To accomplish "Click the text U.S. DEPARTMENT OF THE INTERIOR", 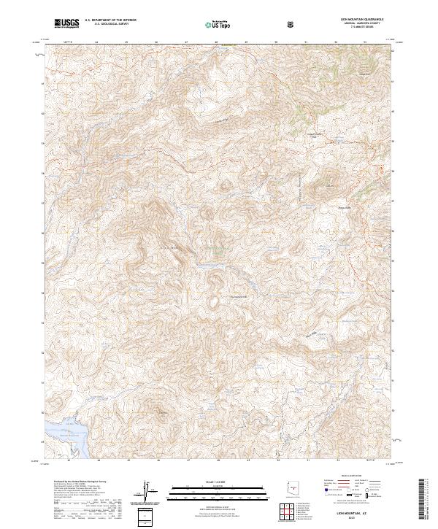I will click(110, 20).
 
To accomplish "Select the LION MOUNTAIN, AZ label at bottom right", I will click(359, 514).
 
